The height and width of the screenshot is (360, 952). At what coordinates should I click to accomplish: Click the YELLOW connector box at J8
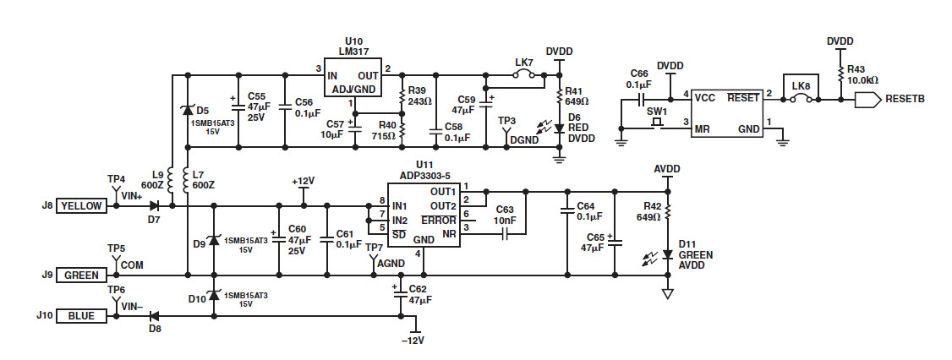80,206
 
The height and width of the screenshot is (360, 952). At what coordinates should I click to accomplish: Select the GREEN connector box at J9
80,275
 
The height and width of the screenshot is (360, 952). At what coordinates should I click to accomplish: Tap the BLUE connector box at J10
80,316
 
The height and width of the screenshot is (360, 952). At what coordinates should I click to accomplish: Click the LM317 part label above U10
353,51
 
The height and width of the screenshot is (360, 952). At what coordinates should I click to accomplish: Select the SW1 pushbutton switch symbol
656,123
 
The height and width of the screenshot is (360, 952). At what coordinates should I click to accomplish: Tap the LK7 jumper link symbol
524,74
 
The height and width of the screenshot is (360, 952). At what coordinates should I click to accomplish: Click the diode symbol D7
154,205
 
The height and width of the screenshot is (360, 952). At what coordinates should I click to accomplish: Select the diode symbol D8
154,316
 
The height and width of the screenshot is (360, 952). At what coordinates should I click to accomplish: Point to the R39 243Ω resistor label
419,95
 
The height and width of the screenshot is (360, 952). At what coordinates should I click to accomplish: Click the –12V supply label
413,341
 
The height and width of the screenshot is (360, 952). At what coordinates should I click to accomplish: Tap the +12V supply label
303,182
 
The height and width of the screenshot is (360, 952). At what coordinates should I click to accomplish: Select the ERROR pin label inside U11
438,220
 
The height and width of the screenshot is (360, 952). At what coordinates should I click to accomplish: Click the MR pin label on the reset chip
702,128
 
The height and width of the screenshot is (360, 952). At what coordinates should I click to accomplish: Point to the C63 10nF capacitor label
505,215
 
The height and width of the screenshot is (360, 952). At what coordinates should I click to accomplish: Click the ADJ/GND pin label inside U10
353,90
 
